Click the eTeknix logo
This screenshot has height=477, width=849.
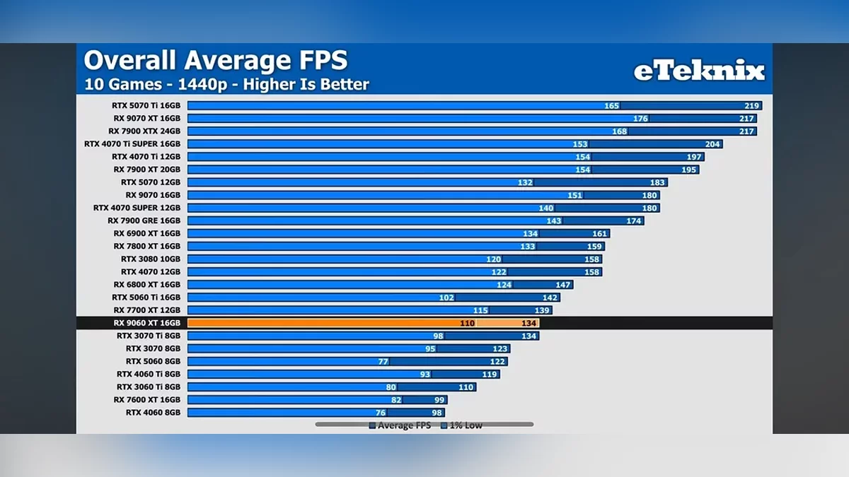pos(698,71)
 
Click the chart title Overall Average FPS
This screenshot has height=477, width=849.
pos(216,61)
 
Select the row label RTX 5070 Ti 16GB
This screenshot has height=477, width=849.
pos(146,105)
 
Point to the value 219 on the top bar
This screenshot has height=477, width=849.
pos(751,105)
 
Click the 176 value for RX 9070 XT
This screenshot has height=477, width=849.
pos(640,118)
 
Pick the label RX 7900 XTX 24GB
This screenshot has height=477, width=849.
pos(144,131)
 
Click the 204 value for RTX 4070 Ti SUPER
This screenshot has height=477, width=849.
pos(712,144)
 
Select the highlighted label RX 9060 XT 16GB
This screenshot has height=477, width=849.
pos(146,323)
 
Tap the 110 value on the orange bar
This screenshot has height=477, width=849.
pos(466,323)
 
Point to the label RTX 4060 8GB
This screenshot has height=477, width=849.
pos(153,412)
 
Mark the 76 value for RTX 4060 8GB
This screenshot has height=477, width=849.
pos(380,413)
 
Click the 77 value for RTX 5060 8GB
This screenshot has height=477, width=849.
pos(383,361)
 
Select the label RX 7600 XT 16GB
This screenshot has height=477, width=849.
pos(146,399)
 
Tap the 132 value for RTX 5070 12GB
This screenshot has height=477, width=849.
pos(525,182)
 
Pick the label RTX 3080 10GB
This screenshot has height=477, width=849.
pos(150,259)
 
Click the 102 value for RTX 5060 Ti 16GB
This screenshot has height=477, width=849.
pos(446,298)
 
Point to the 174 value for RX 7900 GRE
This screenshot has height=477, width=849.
pos(633,220)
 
